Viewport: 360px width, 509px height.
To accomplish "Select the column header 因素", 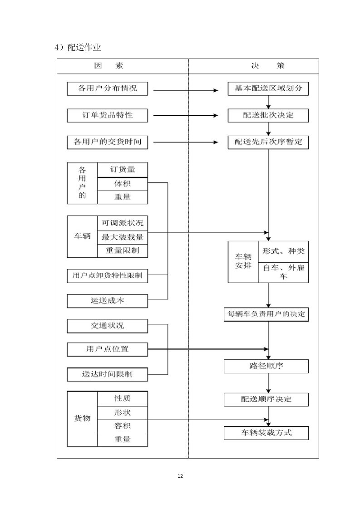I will point(108,66).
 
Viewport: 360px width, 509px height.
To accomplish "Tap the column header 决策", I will point(267,66).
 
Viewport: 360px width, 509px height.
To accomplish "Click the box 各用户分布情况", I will point(108,89).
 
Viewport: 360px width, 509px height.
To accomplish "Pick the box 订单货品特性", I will point(108,115).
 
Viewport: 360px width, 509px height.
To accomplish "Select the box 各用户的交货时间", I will point(108,142).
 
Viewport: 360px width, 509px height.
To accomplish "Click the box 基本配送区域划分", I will point(268,89).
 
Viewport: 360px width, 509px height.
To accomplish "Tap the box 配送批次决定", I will point(268,115).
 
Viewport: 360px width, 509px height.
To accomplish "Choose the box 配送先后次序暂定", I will point(268,142).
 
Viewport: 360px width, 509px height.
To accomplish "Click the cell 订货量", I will point(123,170).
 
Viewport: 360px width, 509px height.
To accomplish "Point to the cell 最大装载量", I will point(123,237).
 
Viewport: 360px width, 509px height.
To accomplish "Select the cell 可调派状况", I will point(123,223).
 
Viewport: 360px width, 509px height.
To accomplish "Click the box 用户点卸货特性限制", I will point(108,275).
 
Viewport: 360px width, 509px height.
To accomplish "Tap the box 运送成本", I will point(108,300).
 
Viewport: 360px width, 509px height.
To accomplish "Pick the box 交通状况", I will point(108,326).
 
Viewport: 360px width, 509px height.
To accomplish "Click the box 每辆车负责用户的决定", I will point(266,314).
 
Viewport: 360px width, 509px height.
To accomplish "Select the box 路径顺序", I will point(266,366).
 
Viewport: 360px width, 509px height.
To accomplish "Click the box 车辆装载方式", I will point(266,433).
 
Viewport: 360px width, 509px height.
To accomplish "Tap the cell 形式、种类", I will point(283,251).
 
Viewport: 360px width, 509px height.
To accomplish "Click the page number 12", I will point(180,476).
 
